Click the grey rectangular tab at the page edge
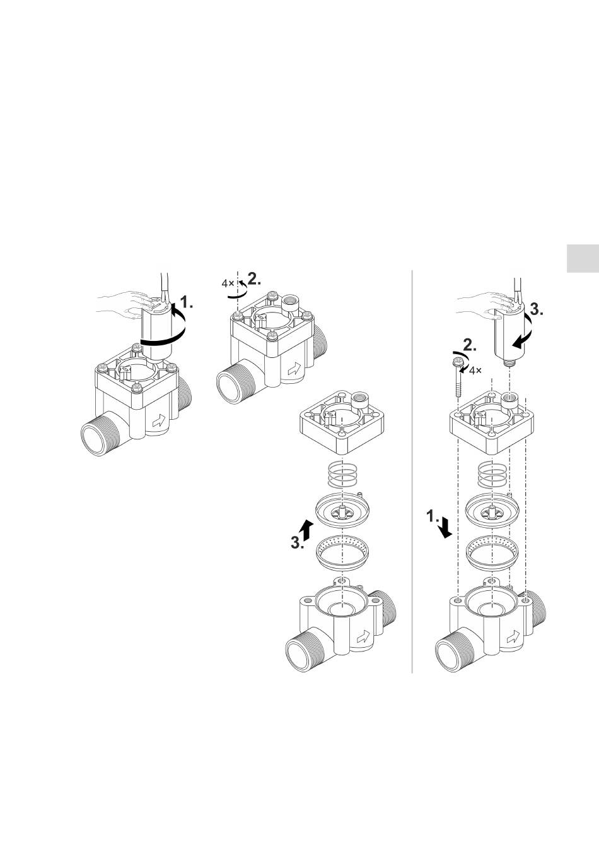click(x=583, y=258)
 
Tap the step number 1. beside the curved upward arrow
click(x=186, y=302)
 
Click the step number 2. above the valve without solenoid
click(x=254, y=279)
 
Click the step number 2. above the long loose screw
click(x=470, y=345)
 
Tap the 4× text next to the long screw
click(x=475, y=370)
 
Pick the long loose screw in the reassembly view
click(x=457, y=378)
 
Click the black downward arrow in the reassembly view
click(x=445, y=528)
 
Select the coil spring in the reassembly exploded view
click(x=492, y=475)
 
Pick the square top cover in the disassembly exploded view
click(x=342, y=422)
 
